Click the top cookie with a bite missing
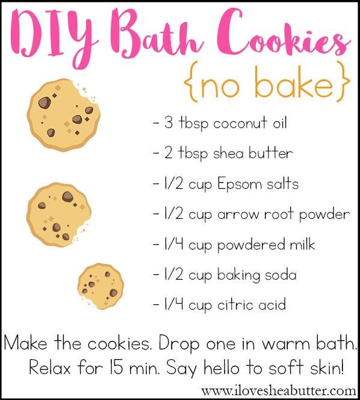[63, 114]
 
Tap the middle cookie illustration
[58, 215]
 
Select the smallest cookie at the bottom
[101, 286]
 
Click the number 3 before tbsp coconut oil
[169, 123]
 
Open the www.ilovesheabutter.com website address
[279, 391]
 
